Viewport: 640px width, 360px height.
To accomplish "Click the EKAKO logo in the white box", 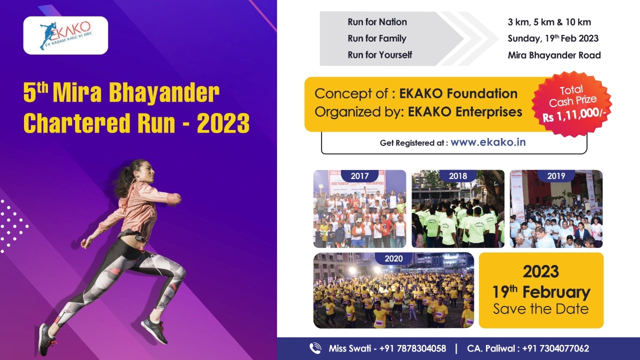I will [65, 35].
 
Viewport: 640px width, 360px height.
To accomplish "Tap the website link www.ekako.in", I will [488, 142].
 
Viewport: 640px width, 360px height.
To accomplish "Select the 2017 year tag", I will [359, 176].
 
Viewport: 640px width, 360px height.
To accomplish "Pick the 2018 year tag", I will [457, 176].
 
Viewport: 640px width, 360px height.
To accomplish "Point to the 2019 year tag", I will [556, 176].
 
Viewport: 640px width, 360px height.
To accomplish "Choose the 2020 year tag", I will [393, 258].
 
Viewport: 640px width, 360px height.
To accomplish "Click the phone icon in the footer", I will [315, 348].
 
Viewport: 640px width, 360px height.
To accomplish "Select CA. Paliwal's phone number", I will [555, 348].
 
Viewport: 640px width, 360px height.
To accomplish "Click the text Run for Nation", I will [377, 22].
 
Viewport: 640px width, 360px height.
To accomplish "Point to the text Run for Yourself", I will [380, 55].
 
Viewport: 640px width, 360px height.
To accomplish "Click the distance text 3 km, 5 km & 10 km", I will [549, 22].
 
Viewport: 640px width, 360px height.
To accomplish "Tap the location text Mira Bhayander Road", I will [554, 55].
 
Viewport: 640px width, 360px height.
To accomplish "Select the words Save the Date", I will [540, 308].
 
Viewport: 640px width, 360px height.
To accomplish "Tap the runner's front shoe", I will [154, 330].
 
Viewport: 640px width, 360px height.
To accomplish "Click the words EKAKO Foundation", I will [458, 93].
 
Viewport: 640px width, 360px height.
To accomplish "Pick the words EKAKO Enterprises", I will [465, 111].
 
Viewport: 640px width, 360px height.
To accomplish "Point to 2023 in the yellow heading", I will [223, 123].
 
